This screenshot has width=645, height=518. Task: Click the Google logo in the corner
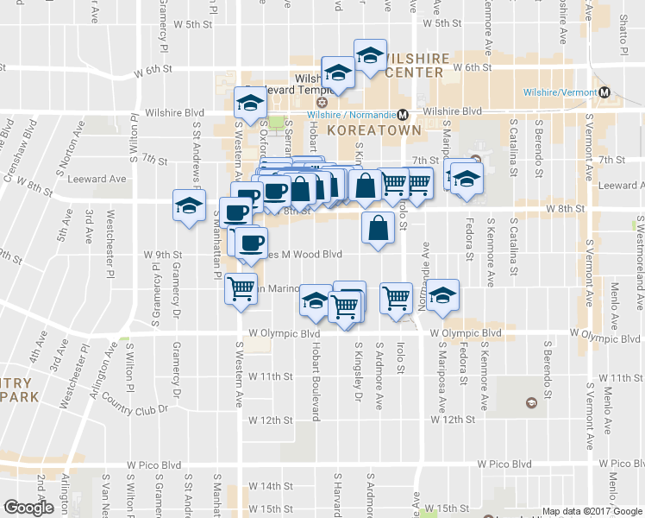pos(28,507)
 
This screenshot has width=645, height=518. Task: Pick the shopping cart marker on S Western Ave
pos(240,287)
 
